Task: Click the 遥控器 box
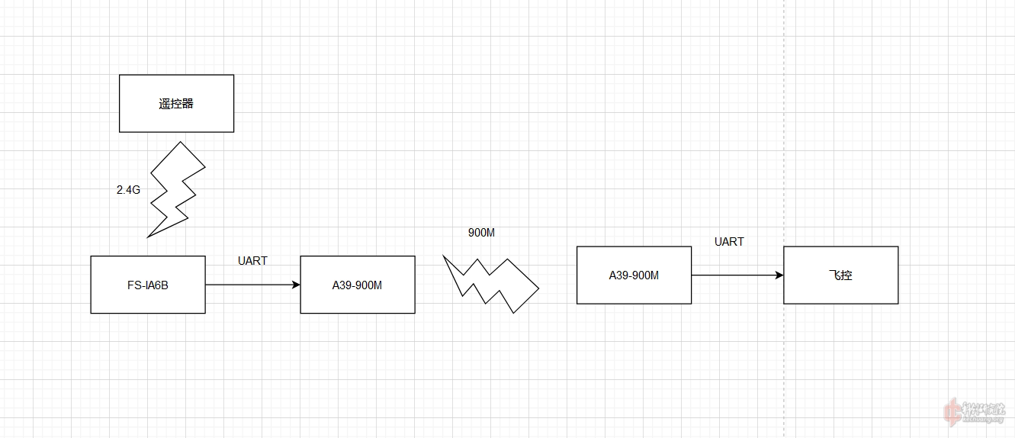176,103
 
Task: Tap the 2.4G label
128,190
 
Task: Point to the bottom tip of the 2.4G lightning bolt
149,236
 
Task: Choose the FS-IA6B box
147,285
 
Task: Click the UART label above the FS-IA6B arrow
252,261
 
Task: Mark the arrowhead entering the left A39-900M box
296,285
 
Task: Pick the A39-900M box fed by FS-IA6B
357,285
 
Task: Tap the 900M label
481,233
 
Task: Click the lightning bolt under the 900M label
492,283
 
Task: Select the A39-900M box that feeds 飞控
634,275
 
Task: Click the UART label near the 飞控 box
729,242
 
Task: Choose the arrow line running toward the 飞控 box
736,275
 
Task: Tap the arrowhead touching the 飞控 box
779,275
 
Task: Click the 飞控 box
840,275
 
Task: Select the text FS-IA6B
147,285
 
